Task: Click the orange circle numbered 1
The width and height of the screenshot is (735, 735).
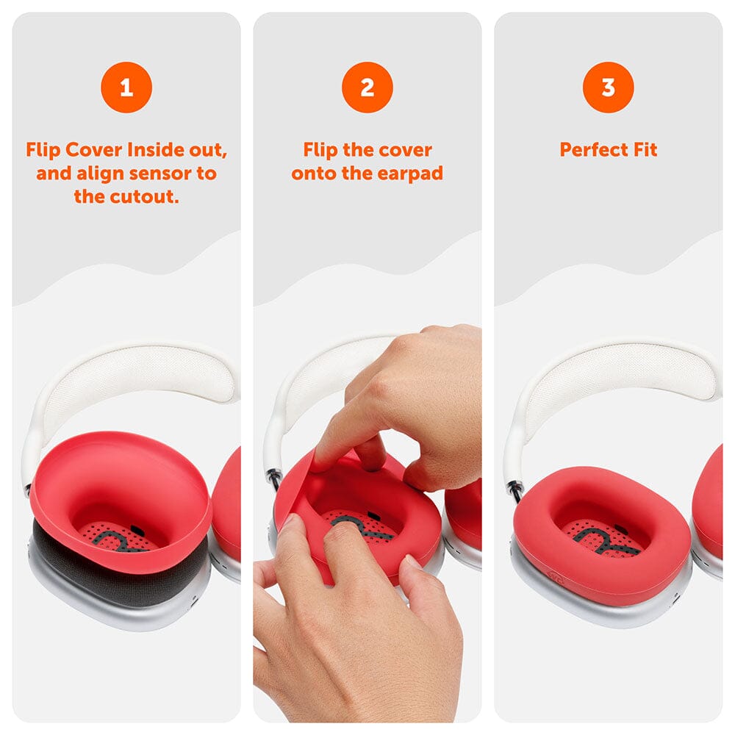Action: click(126, 87)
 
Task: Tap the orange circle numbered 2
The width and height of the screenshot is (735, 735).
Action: click(367, 87)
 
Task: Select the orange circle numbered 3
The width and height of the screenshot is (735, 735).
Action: click(609, 87)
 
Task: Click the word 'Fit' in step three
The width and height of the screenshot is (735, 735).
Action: click(645, 150)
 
